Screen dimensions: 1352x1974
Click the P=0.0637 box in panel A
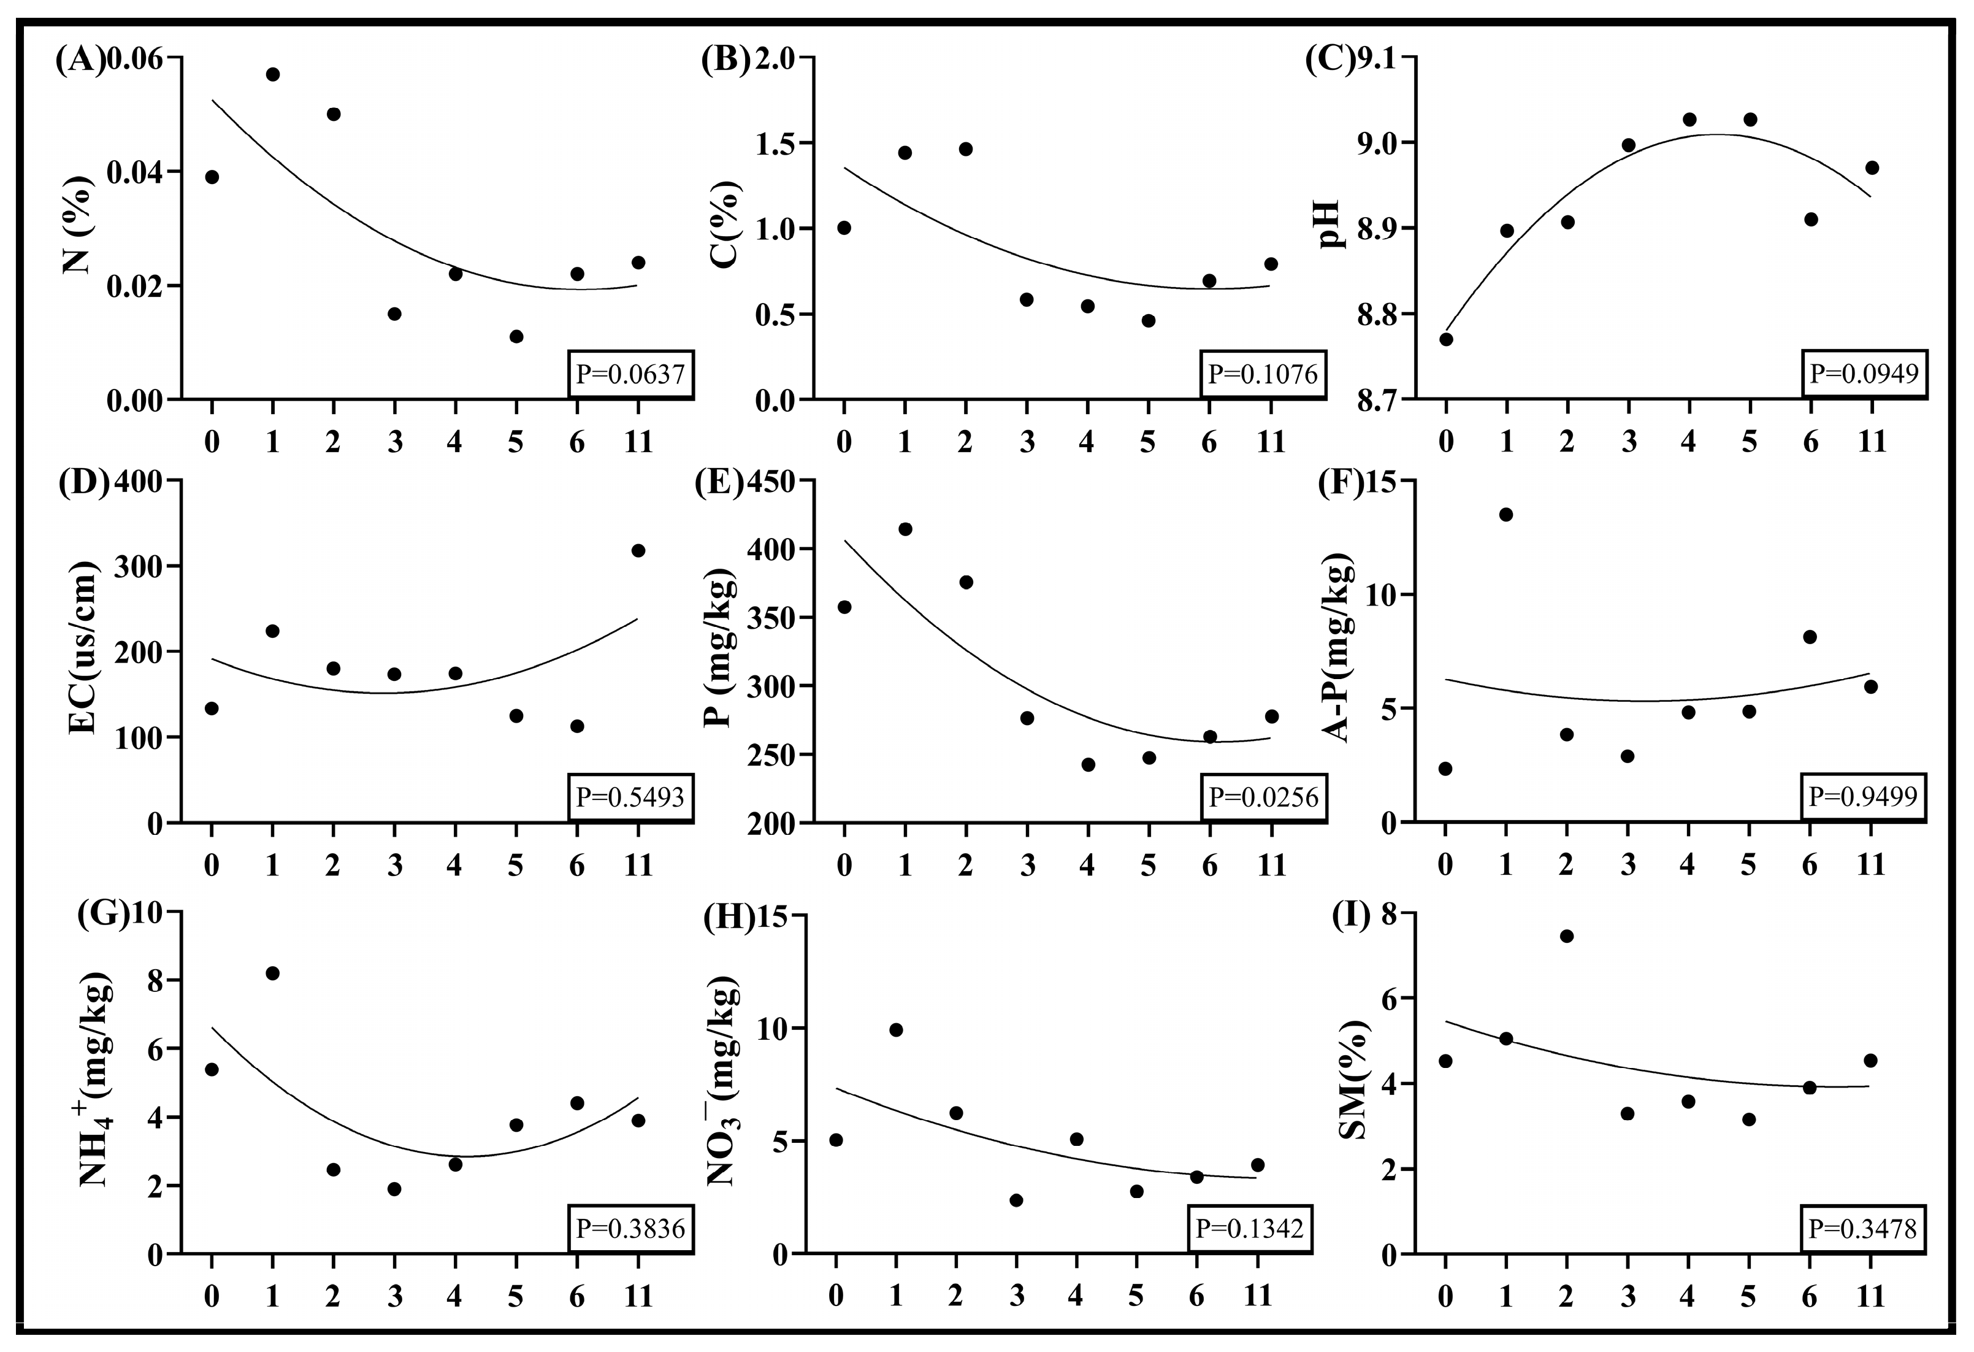630,374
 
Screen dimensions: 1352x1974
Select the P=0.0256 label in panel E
1263,797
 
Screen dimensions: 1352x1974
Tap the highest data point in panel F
1506,514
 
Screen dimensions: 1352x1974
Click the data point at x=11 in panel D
638,551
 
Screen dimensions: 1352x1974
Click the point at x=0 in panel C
1445,339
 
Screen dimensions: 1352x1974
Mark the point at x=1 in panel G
273,973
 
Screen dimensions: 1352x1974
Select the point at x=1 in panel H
895,1030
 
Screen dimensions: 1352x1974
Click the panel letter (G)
102,915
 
